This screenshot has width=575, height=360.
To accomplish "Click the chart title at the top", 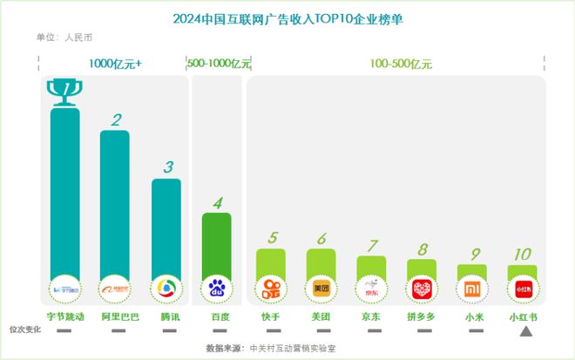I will (x=287, y=17).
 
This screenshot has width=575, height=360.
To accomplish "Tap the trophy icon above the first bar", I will (x=64, y=92).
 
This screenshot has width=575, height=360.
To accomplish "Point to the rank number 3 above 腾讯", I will (x=167, y=166).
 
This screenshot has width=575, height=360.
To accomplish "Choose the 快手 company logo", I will (x=271, y=287).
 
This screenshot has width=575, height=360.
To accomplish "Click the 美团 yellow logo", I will (x=321, y=287).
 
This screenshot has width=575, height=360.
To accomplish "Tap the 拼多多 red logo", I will (x=422, y=288).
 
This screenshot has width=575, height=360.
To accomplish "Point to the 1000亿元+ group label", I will (x=115, y=64).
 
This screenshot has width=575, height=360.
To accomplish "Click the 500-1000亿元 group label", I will (x=219, y=64).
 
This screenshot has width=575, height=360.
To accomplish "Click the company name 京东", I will (x=371, y=316).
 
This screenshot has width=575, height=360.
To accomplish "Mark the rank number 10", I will (x=522, y=255).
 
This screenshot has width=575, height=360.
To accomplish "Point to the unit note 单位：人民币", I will (x=64, y=37).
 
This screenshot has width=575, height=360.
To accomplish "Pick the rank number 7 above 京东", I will (x=372, y=245).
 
